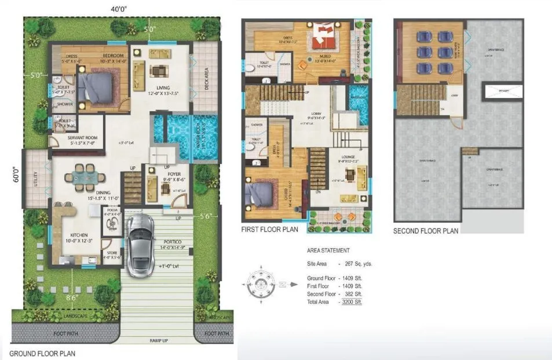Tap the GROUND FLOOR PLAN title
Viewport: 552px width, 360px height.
pyautogui.click(x=42, y=353)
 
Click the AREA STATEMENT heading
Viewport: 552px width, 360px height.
pyautogui.click(x=328, y=251)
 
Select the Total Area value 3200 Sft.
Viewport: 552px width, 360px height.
pyautogui.click(x=357, y=302)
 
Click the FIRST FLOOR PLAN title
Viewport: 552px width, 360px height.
pyautogui.click(x=270, y=230)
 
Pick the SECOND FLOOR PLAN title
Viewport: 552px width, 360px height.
pyautogui.click(x=426, y=231)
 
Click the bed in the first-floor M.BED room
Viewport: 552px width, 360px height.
pyautogui.click(x=322, y=36)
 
